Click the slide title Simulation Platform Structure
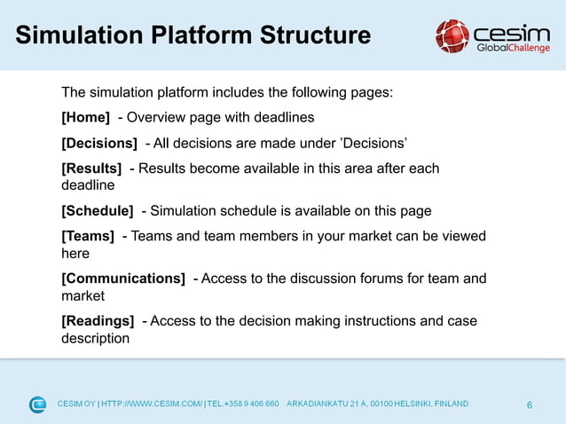[x=193, y=35]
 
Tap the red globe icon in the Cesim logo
[x=452, y=35]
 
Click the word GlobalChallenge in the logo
[x=514, y=48]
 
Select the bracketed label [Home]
[x=85, y=117]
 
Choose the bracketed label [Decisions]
[x=98, y=143]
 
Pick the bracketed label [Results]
[x=91, y=168]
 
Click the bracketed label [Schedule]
[x=97, y=210]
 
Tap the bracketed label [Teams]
[x=88, y=235]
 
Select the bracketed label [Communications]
[x=123, y=278]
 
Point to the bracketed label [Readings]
[x=98, y=320]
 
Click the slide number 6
[x=530, y=405]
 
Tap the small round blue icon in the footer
[x=37, y=404]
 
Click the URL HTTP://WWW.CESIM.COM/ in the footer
[x=152, y=404]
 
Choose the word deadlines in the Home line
[x=284, y=117]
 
